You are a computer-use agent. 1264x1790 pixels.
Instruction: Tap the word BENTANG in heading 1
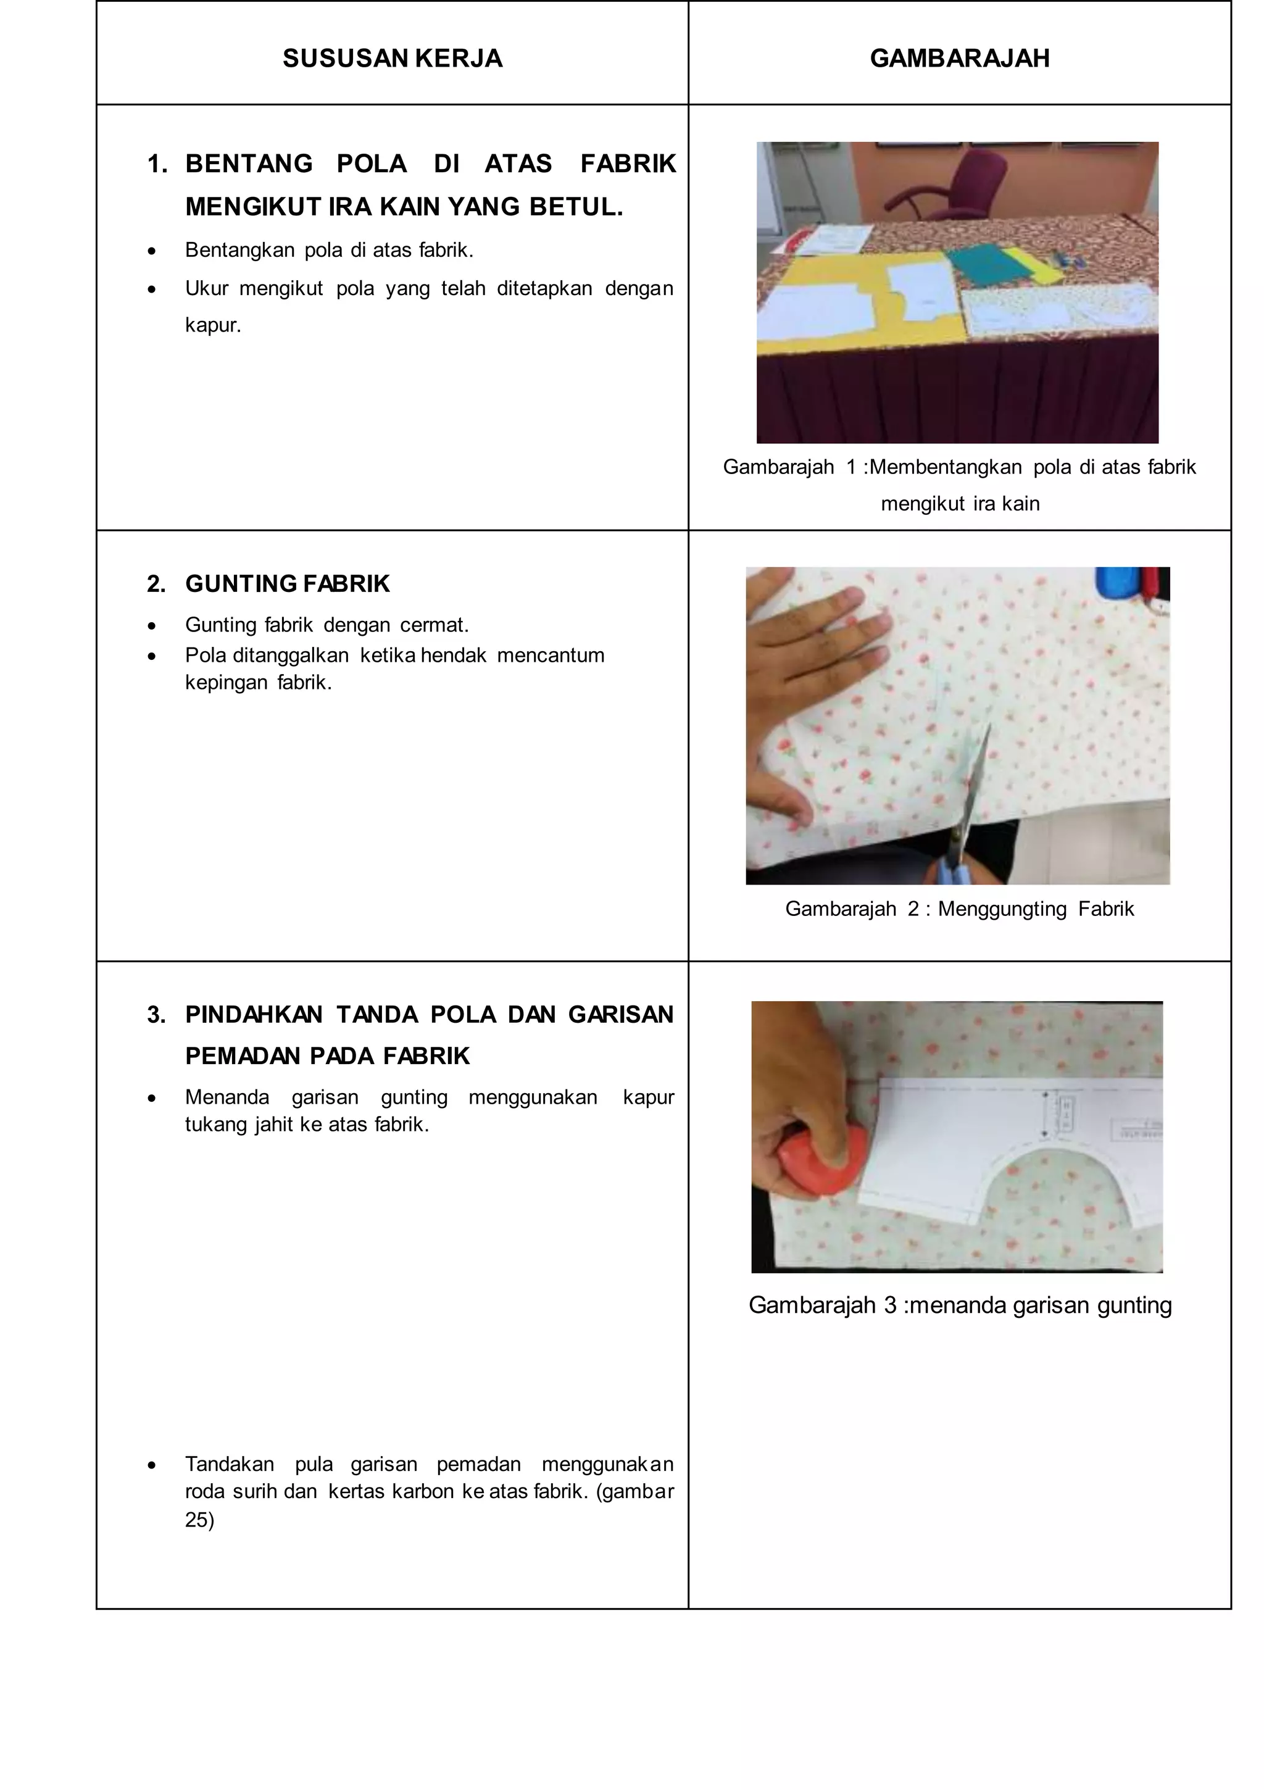click(249, 164)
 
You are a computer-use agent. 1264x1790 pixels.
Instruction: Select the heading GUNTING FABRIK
click(287, 584)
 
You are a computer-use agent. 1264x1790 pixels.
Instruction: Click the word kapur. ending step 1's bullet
click(213, 325)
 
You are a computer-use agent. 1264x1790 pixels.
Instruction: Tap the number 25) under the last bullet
click(199, 1520)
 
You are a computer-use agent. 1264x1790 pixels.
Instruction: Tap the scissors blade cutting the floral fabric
click(977, 780)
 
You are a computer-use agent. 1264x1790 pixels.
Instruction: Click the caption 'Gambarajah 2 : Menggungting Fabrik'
click(959, 909)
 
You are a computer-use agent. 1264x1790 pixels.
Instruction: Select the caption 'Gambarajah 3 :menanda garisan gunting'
click(960, 1305)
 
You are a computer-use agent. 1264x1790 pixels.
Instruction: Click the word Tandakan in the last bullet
click(229, 1464)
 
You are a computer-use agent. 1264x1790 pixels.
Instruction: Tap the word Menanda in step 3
click(227, 1097)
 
